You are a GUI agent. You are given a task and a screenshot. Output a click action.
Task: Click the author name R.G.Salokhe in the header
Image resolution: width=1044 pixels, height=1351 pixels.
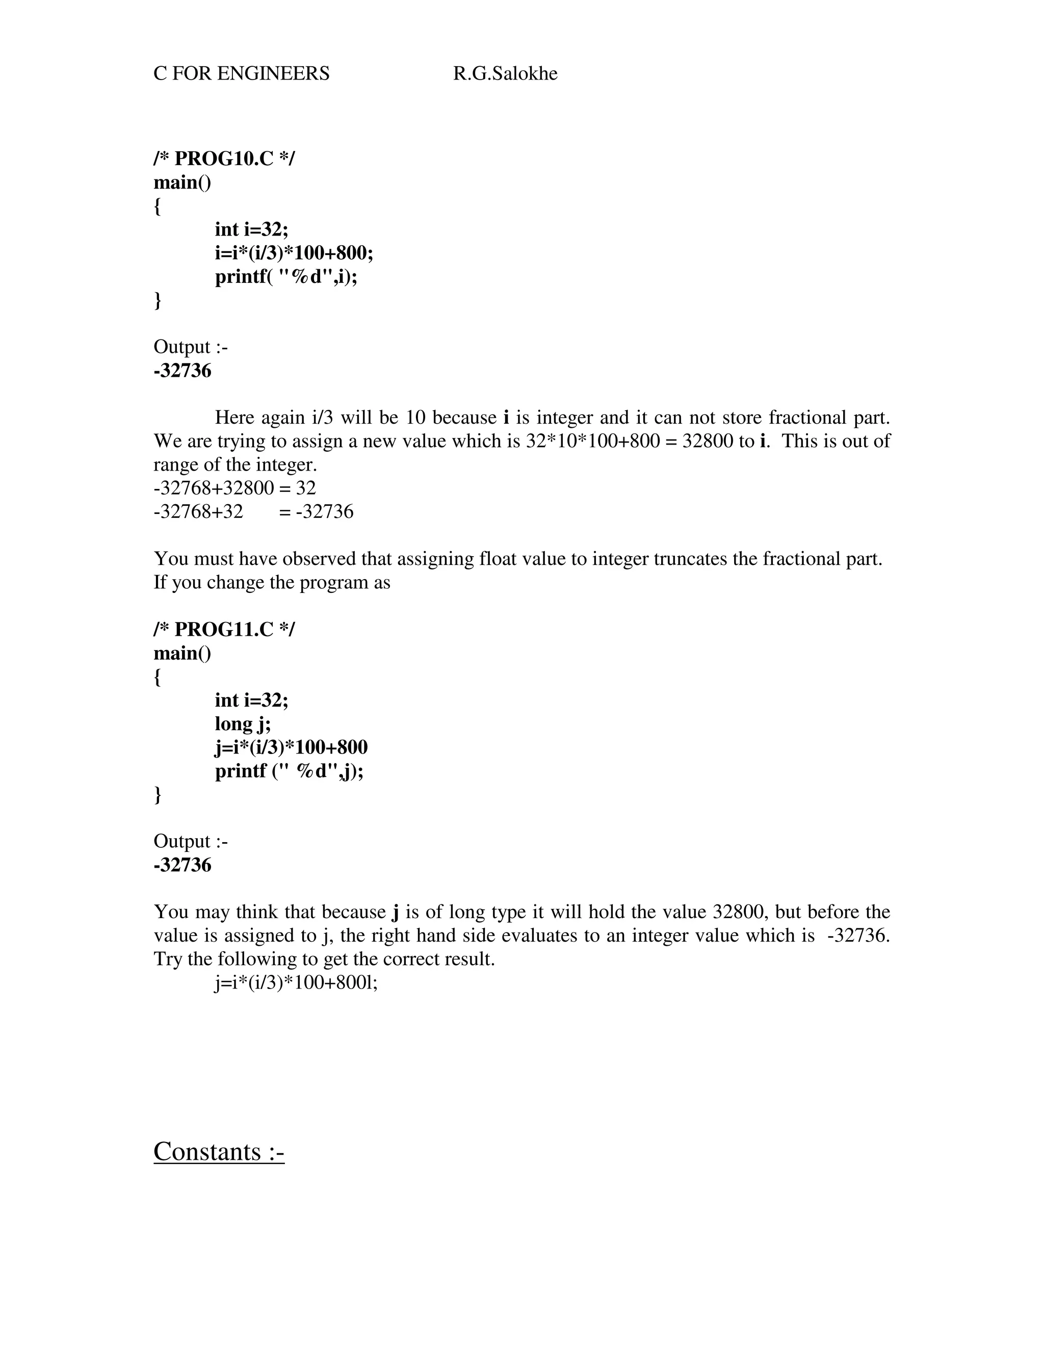click(x=505, y=73)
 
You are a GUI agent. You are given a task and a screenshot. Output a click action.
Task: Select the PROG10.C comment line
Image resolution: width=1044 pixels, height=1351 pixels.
click(x=224, y=159)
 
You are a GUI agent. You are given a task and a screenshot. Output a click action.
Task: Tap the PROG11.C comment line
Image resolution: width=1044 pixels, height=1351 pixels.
click(x=224, y=629)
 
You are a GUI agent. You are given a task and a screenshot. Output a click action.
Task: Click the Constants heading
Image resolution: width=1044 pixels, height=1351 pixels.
click(x=218, y=1151)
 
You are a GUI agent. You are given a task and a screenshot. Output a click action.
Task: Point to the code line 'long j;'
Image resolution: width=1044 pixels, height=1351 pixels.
click(x=243, y=723)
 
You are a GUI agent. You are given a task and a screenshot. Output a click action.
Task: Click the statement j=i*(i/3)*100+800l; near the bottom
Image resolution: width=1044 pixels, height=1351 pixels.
click(x=296, y=982)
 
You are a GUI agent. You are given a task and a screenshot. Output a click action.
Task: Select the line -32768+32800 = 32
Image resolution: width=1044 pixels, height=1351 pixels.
click(x=234, y=488)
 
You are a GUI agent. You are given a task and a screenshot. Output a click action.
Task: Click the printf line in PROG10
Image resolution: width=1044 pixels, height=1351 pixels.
click(x=286, y=276)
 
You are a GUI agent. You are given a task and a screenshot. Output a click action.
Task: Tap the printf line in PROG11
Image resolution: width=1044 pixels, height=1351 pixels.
click(x=289, y=771)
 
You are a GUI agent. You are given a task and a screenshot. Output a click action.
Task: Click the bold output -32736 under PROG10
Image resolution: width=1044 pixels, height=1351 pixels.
click(x=182, y=371)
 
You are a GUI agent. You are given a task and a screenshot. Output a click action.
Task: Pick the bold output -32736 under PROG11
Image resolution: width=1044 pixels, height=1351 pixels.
click(x=182, y=865)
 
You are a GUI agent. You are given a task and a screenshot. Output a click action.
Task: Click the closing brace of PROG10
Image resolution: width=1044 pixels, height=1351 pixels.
click(x=157, y=300)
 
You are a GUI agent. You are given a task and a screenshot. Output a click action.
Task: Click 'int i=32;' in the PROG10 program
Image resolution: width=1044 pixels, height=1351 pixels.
click(x=251, y=229)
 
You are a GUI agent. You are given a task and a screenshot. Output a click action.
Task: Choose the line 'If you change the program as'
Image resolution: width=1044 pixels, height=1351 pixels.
click(x=272, y=582)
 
